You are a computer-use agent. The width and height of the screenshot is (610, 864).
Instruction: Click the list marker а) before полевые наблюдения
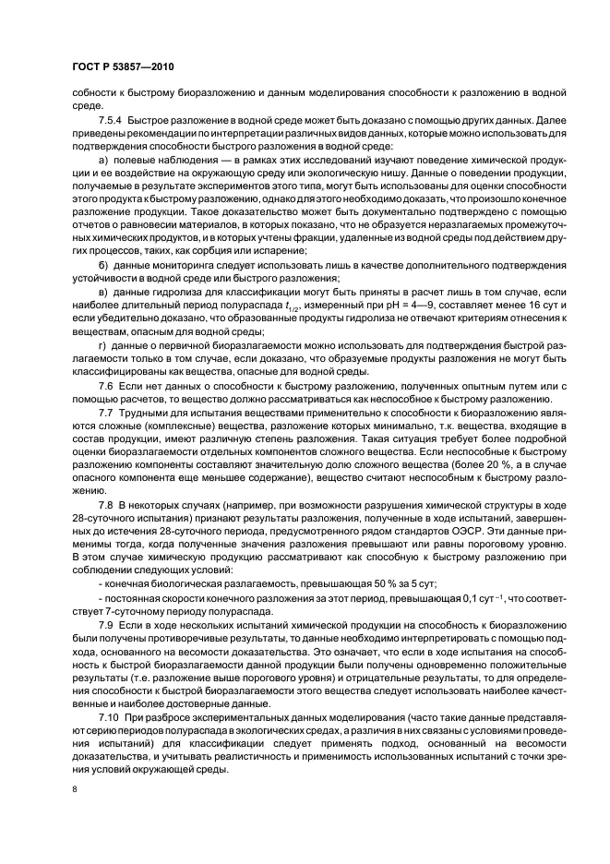click(x=102, y=163)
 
